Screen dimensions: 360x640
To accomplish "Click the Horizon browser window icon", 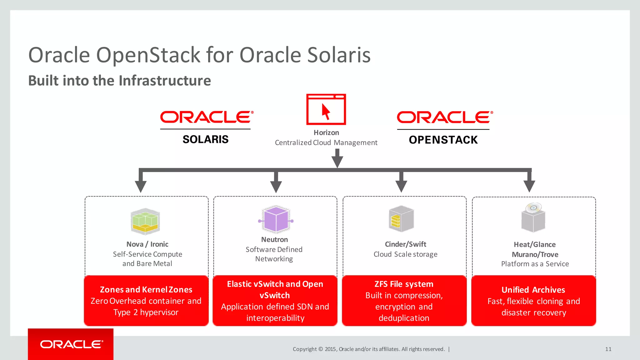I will tap(326, 109).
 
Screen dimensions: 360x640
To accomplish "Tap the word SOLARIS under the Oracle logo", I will tap(205, 139).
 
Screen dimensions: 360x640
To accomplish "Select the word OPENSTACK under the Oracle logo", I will tap(443, 140).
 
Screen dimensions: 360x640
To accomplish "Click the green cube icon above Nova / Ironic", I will tap(145, 221).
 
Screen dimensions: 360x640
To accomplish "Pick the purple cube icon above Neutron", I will tap(276, 219).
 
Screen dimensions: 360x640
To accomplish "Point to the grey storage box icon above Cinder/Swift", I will tap(401, 219).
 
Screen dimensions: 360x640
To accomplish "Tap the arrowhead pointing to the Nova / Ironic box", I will tap(141, 186).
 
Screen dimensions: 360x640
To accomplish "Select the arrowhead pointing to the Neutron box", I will tap(276, 187).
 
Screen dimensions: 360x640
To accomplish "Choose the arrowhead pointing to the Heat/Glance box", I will tap(529, 186).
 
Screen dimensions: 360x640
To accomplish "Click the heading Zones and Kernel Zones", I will tap(146, 290).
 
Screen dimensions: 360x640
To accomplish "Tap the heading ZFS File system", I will tap(404, 284).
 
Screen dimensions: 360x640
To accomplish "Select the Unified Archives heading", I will tap(533, 290).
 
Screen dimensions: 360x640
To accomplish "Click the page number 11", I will tap(608, 349).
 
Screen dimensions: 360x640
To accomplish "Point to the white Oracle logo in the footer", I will tap(72, 344).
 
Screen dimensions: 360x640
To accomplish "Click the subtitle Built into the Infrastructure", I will tap(119, 81).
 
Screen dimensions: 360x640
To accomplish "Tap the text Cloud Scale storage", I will tap(405, 254).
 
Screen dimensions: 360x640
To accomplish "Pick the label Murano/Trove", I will tap(535, 254).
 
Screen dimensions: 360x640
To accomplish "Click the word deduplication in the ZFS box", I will tap(404, 318).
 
